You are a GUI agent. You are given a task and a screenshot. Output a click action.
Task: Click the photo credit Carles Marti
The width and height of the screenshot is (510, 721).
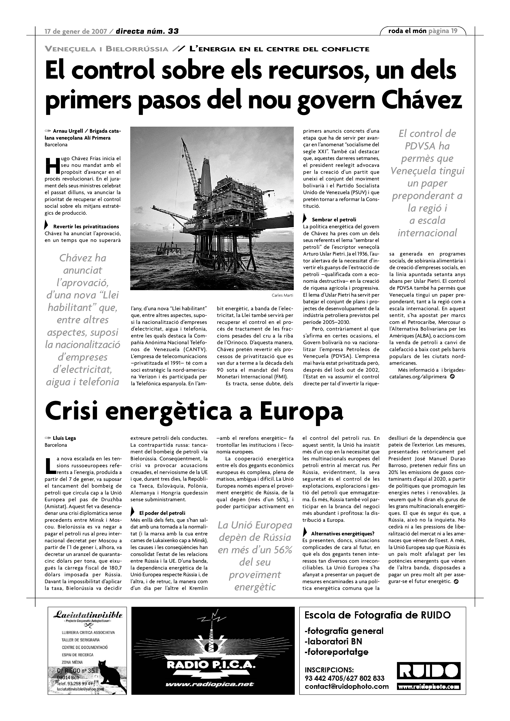(x=282, y=295)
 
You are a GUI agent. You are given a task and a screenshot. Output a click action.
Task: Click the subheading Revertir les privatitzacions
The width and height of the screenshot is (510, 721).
(x=86, y=226)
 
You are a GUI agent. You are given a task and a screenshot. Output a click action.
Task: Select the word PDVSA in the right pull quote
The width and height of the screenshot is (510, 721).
(x=427, y=146)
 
